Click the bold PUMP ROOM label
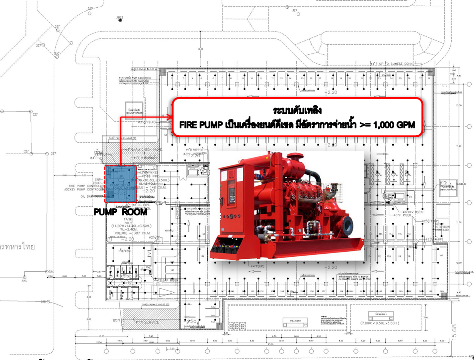pos(120,212)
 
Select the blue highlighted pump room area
pos(121,183)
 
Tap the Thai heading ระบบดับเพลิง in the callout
pos(297,111)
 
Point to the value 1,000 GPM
pos(396,125)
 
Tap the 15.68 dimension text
pos(455,331)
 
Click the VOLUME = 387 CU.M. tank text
pos(125,233)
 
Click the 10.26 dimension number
pos(200,49)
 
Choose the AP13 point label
pos(119,17)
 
